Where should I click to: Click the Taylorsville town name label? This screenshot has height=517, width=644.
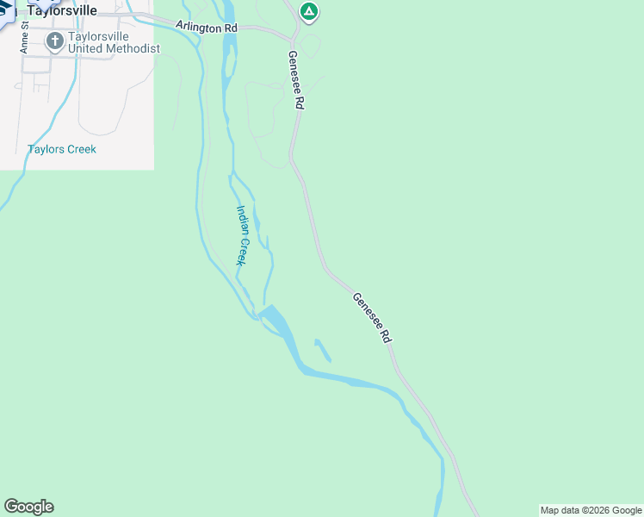pos(62,10)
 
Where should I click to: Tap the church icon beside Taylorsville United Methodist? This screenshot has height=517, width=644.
pos(54,41)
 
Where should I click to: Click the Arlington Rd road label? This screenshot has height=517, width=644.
pos(207,28)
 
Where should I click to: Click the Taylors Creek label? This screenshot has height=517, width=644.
pos(62,149)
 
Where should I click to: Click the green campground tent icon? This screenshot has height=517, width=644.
pos(309,12)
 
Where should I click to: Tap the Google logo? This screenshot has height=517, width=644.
pos(28,507)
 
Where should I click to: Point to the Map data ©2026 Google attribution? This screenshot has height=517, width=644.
pos(591,510)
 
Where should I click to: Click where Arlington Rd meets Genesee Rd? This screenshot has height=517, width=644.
pos(292,37)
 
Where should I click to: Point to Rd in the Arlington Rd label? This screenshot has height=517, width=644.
pos(230,28)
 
